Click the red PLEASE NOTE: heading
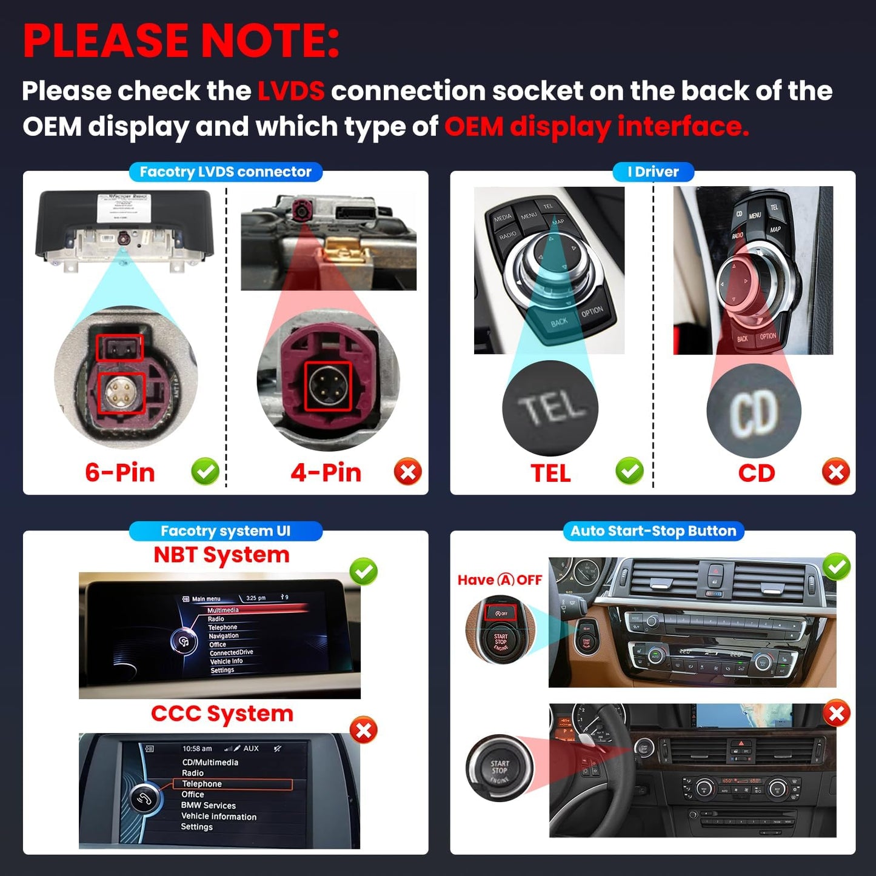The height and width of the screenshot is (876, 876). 181,41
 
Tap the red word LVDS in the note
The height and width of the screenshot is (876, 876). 291,91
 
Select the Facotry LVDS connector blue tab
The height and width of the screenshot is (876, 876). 226,172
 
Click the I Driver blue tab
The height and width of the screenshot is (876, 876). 653,172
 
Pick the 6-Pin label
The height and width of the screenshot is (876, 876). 120,472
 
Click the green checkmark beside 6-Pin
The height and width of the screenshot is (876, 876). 206,471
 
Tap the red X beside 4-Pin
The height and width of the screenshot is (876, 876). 408,471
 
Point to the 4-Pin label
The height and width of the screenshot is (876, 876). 326,472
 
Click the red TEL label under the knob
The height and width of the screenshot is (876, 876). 550,473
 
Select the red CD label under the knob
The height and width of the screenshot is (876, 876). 756,473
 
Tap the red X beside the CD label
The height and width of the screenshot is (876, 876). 836,471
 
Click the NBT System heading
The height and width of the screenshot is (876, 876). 221,555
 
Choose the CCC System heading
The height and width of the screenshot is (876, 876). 222,714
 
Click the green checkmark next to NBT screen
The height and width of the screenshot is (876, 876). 364,571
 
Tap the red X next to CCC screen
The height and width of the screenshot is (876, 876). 364,730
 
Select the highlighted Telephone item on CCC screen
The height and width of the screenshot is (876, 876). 202,784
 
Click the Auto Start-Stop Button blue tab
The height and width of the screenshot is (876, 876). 653,531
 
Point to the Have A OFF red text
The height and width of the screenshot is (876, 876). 500,580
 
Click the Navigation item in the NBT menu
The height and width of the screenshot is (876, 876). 224,636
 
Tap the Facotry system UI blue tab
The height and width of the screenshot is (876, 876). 226,531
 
